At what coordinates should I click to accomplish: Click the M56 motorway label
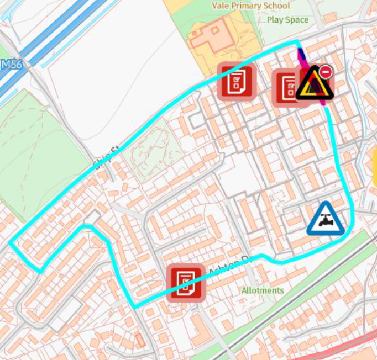click(x=11, y=65)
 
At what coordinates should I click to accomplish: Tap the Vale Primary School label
click(x=251, y=6)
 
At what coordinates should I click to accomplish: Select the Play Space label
click(x=287, y=20)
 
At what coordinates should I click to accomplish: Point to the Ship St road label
click(x=107, y=156)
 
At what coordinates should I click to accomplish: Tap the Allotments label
click(x=263, y=290)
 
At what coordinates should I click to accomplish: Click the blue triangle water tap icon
click(x=326, y=219)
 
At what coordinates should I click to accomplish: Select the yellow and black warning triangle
click(x=314, y=84)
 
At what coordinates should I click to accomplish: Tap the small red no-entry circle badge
click(x=326, y=71)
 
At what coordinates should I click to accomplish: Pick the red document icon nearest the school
click(x=237, y=81)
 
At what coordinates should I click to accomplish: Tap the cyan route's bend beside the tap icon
click(x=347, y=235)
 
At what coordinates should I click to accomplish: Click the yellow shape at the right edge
click(x=375, y=171)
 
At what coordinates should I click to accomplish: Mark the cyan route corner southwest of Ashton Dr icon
click(x=134, y=306)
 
